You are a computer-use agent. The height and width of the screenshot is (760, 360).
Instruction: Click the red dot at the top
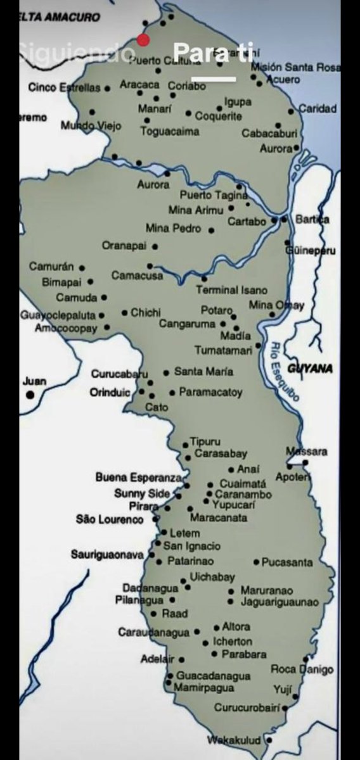pyautogui.click(x=143, y=41)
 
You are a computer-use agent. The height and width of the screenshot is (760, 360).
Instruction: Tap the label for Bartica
pyautogui.click(x=312, y=220)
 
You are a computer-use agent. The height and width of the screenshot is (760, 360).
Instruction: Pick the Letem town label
pyautogui.click(x=184, y=533)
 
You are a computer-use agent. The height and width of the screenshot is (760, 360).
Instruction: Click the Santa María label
pyautogui.click(x=203, y=372)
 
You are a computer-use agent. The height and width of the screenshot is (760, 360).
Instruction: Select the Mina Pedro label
pyautogui.click(x=173, y=229)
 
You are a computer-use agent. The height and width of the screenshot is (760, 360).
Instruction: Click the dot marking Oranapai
pyautogui.click(x=155, y=246)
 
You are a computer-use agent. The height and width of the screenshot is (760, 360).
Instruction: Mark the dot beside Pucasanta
pyautogui.click(x=256, y=562)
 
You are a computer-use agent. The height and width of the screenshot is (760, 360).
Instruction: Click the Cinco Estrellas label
pyautogui.click(x=64, y=88)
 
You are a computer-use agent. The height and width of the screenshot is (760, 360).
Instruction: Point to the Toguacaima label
pyautogui.click(x=169, y=132)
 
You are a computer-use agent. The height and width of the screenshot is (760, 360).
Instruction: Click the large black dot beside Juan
pyautogui.click(x=30, y=395)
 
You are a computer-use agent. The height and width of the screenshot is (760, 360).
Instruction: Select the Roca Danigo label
pyautogui.click(x=302, y=669)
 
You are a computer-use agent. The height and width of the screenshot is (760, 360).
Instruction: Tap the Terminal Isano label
pyautogui.click(x=231, y=290)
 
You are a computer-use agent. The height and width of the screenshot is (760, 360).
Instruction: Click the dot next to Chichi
pyautogui.click(x=124, y=312)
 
